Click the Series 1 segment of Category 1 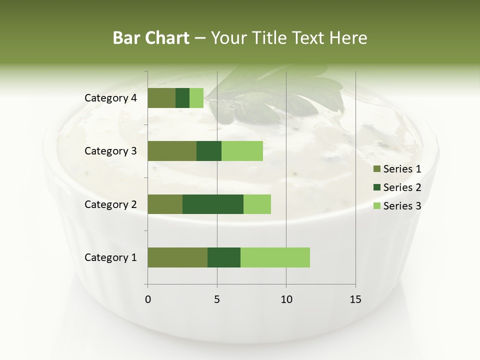point(177,257)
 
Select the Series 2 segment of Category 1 point(224,257)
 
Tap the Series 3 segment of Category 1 point(275,257)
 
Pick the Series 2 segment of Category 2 point(213,204)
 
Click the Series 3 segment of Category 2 point(257,204)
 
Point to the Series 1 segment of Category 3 point(172,151)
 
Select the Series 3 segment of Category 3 point(242,151)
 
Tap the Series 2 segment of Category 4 point(182,98)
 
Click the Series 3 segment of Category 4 point(196,98)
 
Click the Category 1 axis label point(110,257)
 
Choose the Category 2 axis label point(110,204)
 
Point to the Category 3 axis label point(110,151)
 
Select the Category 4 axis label point(110,98)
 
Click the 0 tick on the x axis point(147,299)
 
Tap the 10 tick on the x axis point(286,299)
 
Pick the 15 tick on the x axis point(355,299)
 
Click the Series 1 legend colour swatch point(376,169)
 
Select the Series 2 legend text point(402,187)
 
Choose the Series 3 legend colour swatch point(376,206)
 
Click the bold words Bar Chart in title point(151,38)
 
